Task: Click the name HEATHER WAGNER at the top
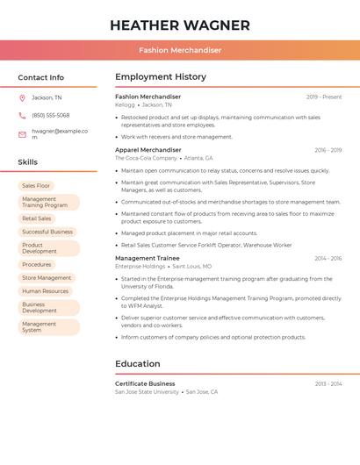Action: pyautogui.click(x=180, y=25)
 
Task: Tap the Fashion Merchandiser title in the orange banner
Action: pyautogui.click(x=180, y=50)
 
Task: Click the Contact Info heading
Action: pyautogui.click(x=41, y=77)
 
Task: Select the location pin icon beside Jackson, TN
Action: pyautogui.click(x=22, y=98)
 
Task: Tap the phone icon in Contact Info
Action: pyautogui.click(x=22, y=115)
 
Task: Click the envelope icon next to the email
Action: pyautogui.click(x=22, y=134)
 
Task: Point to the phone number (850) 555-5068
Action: pyautogui.click(x=51, y=115)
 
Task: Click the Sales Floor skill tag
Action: pyautogui.click(x=36, y=186)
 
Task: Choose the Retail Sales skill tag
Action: pyautogui.click(x=37, y=218)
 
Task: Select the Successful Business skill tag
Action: pyautogui.click(x=47, y=232)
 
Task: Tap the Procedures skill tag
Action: pyautogui.click(x=37, y=264)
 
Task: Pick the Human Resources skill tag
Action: pyautogui.click(x=45, y=290)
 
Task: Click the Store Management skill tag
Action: pyautogui.click(x=47, y=277)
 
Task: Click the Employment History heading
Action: pyautogui.click(x=161, y=77)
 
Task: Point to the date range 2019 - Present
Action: pyautogui.click(x=324, y=97)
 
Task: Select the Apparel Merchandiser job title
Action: pyautogui.click(x=148, y=150)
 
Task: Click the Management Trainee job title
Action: pyautogui.click(x=148, y=258)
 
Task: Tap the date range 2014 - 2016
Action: pyautogui.click(x=328, y=259)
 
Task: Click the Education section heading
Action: pyautogui.click(x=138, y=363)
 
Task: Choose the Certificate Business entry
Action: pyautogui.click(x=145, y=383)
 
